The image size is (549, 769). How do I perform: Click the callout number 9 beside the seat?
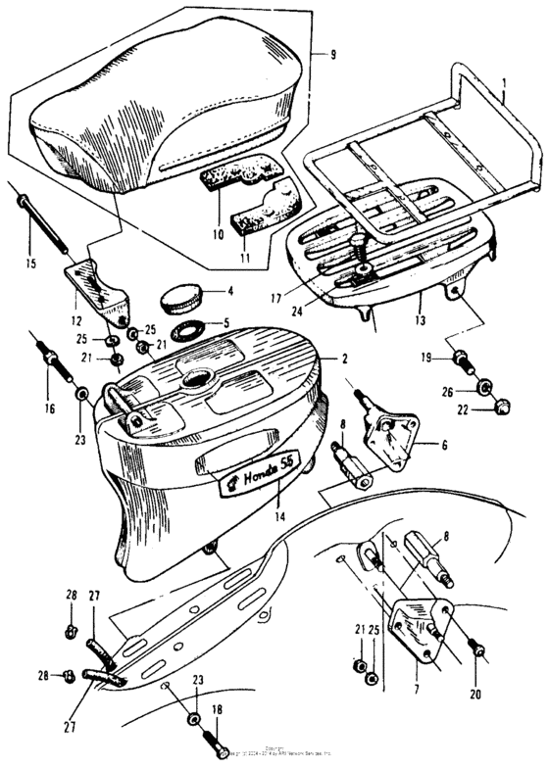click(x=333, y=55)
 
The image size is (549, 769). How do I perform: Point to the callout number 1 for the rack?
click(x=504, y=86)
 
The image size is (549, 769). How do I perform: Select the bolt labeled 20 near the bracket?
click(x=476, y=649)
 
